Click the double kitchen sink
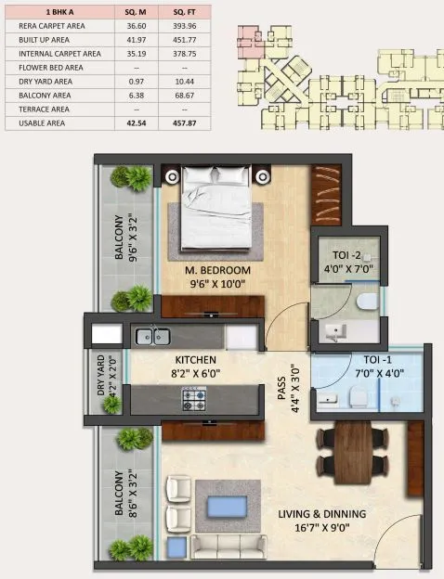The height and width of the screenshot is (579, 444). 151,337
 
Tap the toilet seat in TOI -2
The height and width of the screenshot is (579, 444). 367,302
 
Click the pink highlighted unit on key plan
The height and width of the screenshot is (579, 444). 250,43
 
